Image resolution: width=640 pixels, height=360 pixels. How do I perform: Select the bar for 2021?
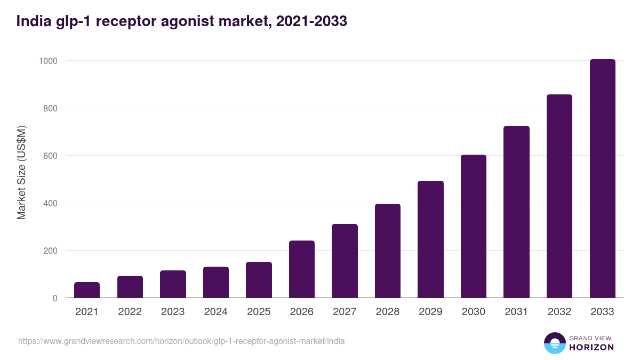87,290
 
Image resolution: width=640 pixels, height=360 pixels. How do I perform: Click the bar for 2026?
302,269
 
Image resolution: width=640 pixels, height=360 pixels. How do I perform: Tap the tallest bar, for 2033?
602,179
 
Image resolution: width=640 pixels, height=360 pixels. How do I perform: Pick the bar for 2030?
474,226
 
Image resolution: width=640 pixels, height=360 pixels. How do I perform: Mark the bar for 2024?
216,282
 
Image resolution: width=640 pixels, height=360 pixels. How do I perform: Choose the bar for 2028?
388,251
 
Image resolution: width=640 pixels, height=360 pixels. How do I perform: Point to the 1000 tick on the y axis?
47,61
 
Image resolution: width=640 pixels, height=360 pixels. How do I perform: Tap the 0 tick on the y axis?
54,298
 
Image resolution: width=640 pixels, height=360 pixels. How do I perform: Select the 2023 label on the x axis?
173,312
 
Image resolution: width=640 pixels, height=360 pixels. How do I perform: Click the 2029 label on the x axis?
430,312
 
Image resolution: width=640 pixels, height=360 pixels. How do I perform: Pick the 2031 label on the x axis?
516,312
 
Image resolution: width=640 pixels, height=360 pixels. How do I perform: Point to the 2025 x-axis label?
259,312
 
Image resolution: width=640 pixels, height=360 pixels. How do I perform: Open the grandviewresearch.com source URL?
181,341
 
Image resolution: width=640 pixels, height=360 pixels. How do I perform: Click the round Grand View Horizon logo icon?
554,343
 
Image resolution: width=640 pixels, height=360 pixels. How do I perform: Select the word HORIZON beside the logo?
591,347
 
